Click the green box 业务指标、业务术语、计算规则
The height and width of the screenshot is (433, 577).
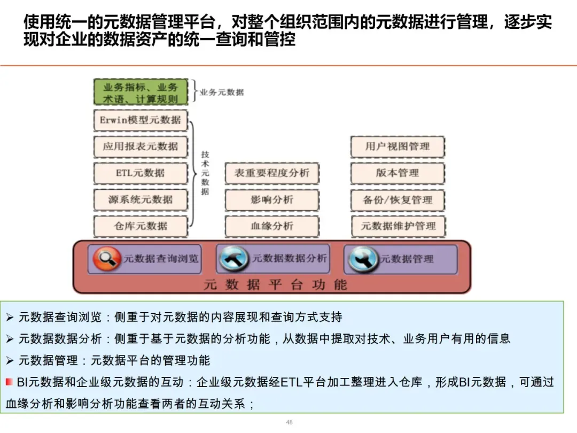pyautogui.click(x=141, y=92)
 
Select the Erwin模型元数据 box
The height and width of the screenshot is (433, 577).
pyautogui.click(x=141, y=120)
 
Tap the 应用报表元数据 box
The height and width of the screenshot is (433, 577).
pyautogui.click(x=141, y=146)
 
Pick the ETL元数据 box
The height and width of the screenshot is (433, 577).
pyautogui.click(x=141, y=173)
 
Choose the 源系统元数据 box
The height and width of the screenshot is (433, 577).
pyautogui.click(x=141, y=200)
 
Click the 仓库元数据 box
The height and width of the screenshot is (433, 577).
pyautogui.click(x=141, y=226)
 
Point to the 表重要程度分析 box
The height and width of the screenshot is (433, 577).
pyautogui.click(x=272, y=173)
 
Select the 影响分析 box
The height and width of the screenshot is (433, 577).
pyautogui.click(x=272, y=200)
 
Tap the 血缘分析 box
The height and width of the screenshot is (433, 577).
pyautogui.click(x=272, y=226)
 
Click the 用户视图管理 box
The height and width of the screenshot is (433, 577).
pyautogui.click(x=397, y=146)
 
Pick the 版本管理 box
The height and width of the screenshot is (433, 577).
pyautogui.click(x=397, y=173)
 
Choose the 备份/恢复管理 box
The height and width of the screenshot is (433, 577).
pyautogui.click(x=397, y=200)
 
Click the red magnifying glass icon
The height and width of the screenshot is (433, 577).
pyautogui.click(x=107, y=259)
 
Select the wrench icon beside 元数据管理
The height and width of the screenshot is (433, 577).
pyautogui.click(x=363, y=259)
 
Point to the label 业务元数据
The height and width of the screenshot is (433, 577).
pyautogui.click(x=222, y=92)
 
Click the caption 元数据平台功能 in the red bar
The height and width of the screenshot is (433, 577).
pyautogui.click(x=275, y=284)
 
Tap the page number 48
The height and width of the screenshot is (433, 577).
pyautogui.click(x=289, y=422)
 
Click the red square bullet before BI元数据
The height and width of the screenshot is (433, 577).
pyautogui.click(x=9, y=382)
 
